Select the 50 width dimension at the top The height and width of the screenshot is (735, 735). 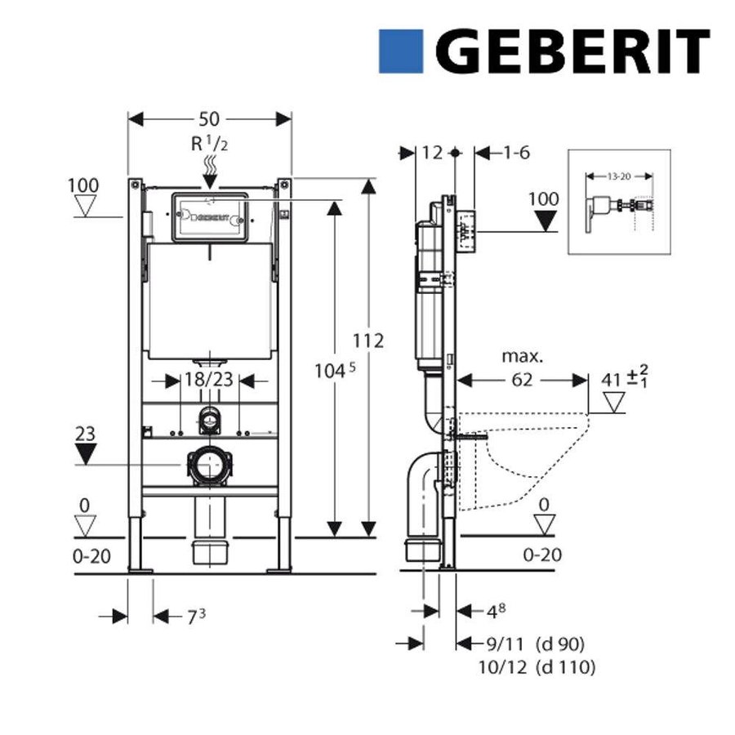click(209, 119)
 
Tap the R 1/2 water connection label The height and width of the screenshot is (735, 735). click(209, 145)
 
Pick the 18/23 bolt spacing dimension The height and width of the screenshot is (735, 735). click(209, 381)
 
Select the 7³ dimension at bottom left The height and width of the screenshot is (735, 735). click(192, 616)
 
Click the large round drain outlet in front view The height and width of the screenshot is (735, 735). click(209, 465)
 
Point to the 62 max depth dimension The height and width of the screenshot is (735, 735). click(523, 380)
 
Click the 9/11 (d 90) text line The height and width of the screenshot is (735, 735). click(535, 644)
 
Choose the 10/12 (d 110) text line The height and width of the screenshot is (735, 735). click(535, 667)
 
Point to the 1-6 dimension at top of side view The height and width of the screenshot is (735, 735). click(516, 153)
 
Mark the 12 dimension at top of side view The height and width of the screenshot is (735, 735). click(433, 153)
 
